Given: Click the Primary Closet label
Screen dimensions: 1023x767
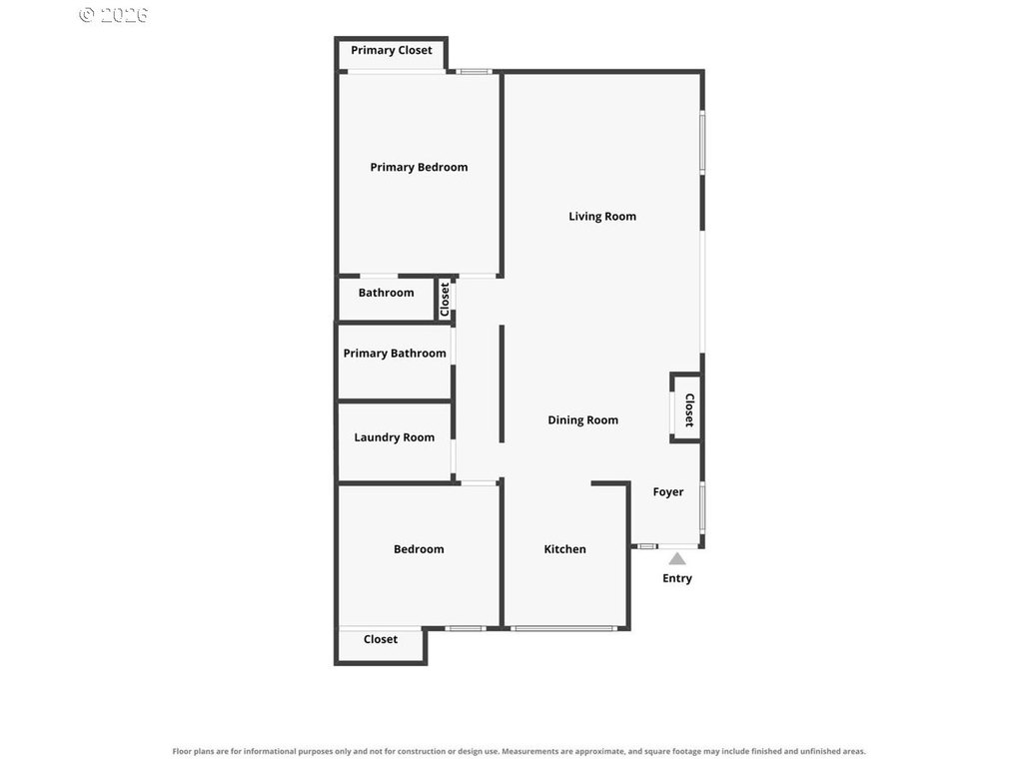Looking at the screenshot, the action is [x=391, y=50].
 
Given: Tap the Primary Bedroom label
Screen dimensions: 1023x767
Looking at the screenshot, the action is [x=419, y=168].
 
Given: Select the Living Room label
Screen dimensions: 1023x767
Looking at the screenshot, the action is [x=602, y=217].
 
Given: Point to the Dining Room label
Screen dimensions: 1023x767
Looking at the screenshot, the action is [x=582, y=420].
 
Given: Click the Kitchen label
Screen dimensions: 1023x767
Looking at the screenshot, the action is [x=565, y=549].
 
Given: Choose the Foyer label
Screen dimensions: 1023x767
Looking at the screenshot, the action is [x=668, y=492].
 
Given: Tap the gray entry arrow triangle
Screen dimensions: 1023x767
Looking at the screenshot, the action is [x=677, y=559].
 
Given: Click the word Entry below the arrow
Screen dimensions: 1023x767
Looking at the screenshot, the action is [x=677, y=578].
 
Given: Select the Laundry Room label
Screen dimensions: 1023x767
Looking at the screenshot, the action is [x=394, y=437].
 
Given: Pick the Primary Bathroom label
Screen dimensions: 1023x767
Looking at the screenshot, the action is [x=395, y=354].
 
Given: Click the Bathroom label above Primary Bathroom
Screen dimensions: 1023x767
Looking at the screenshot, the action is [x=387, y=293].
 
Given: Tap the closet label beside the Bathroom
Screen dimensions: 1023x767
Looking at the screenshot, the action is [x=445, y=300].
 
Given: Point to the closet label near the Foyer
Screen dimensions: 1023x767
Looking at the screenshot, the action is [x=689, y=409].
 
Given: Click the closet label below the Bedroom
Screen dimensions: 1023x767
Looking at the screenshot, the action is [x=381, y=640].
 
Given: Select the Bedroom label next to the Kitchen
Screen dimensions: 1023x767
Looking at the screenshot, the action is [x=419, y=549].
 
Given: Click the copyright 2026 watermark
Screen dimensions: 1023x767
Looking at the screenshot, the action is [x=114, y=14].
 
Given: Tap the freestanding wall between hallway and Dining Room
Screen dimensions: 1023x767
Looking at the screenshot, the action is [x=502, y=384].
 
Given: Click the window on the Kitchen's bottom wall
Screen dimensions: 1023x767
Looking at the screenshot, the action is [x=563, y=629].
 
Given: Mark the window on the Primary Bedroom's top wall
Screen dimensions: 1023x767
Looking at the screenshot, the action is [x=474, y=72].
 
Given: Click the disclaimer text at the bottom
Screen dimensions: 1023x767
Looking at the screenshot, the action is [x=518, y=751].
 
